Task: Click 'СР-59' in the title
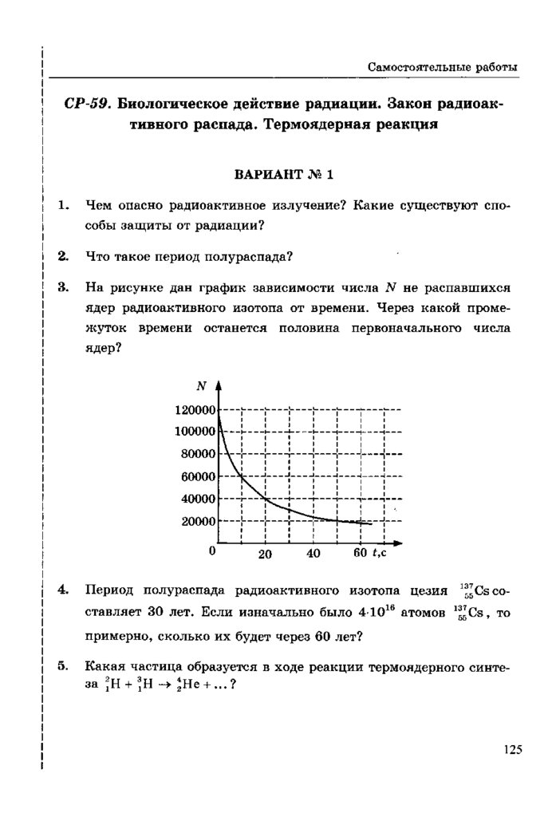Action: [86, 105]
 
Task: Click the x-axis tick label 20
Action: [266, 555]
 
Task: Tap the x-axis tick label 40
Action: [313, 554]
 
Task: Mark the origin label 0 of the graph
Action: [212, 551]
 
